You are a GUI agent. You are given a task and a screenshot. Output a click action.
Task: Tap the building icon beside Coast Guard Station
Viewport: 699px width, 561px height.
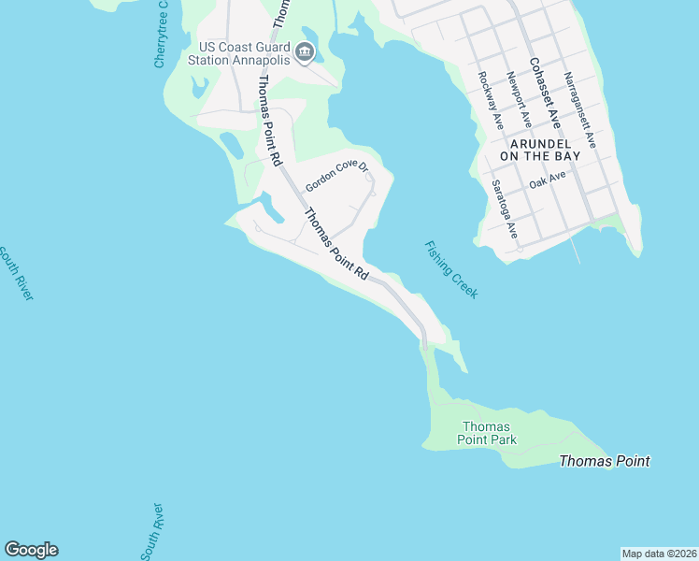click(304, 53)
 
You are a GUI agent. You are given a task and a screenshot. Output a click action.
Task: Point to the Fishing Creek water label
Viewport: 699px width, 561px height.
click(451, 270)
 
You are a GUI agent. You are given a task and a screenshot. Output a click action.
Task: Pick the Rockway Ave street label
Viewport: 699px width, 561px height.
click(491, 100)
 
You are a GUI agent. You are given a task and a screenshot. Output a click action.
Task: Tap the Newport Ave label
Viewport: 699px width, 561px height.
click(520, 100)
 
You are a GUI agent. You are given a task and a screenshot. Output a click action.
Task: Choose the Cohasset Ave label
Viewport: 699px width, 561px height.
click(544, 93)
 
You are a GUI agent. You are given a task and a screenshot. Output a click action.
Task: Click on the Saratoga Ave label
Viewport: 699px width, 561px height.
click(505, 209)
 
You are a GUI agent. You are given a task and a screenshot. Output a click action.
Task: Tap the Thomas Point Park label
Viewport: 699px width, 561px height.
click(487, 432)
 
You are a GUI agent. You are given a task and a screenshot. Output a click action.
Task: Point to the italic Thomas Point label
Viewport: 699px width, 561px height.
click(604, 461)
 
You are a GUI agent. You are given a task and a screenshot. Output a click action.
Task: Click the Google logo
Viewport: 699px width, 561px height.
click(31, 550)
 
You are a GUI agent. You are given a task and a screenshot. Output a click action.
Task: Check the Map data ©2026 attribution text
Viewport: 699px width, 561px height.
click(659, 554)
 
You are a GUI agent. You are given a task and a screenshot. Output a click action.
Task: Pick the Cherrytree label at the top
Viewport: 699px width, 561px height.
click(161, 34)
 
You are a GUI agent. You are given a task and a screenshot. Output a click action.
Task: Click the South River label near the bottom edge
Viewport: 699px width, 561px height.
click(151, 531)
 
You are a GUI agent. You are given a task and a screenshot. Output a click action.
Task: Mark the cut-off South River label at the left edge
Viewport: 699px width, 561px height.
click(17, 273)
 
